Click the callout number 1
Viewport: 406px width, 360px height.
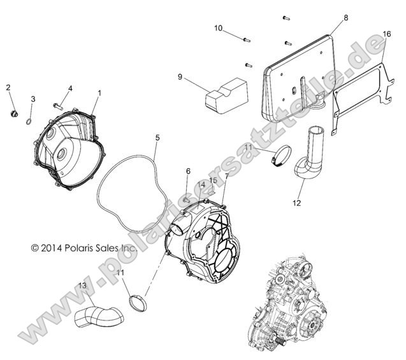[x=99, y=93]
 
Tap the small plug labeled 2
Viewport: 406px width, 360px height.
[x=10, y=114]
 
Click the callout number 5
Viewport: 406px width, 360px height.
[x=157, y=138]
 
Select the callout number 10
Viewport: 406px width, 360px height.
[x=218, y=29]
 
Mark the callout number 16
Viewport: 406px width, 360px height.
[x=387, y=34]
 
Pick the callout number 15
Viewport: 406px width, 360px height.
[x=214, y=181]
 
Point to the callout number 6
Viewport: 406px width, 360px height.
[x=188, y=171]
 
